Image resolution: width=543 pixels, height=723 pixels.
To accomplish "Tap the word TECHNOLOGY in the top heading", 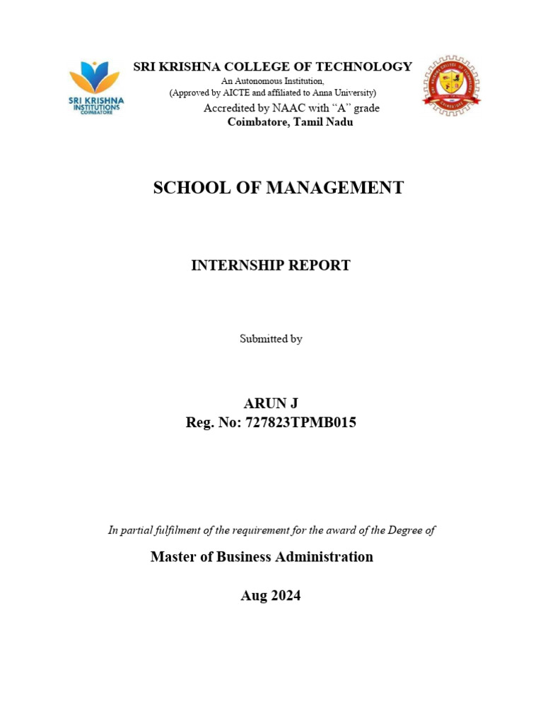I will (366, 67).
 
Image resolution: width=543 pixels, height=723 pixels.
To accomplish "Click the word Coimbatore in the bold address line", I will (257, 122).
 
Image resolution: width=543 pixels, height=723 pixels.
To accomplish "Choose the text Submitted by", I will (271, 339).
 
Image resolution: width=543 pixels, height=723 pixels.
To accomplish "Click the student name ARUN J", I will (271, 403).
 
